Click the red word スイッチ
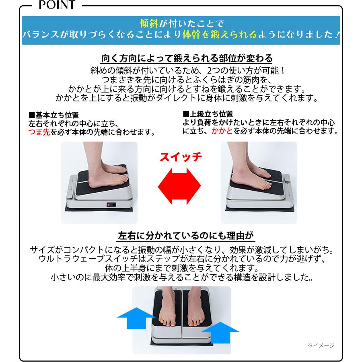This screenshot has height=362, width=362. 181,157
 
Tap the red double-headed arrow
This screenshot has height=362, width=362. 179,186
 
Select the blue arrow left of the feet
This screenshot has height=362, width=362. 136,318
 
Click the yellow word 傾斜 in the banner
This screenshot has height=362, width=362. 149,24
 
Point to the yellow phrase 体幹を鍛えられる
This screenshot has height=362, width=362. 220,35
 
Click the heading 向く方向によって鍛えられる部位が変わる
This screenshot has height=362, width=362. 187,58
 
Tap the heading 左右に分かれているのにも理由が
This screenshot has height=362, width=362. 186,236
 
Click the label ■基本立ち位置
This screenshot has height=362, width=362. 54,115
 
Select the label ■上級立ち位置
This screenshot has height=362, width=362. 208,114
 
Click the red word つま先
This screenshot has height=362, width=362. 39,132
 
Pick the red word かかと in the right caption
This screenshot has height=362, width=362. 222,131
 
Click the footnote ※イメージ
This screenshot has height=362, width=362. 321,346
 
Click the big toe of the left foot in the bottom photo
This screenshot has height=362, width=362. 173,323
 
